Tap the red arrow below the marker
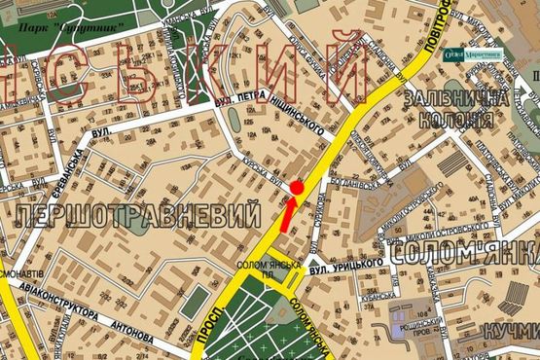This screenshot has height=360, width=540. [x=287, y=213]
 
